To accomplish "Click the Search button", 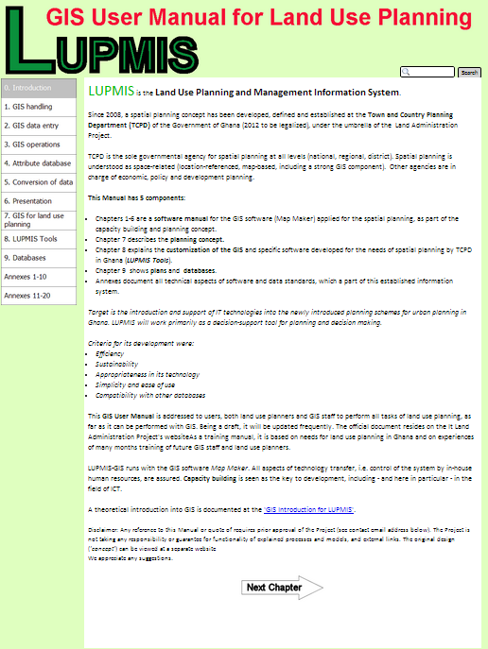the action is point(469,72).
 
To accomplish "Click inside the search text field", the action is point(427,72).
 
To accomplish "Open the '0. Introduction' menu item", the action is point(39,88).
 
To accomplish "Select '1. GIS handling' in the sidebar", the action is point(39,107).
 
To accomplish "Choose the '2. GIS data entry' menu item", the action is point(39,126).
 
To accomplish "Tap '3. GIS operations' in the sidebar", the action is point(39,145).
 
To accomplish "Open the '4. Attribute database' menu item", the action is point(39,163).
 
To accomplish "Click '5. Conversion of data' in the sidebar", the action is point(39,182).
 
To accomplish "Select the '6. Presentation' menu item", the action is point(39,201).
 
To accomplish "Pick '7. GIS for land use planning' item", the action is point(39,220).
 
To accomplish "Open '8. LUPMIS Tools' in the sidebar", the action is point(39,239).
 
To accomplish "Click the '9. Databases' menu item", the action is point(39,257).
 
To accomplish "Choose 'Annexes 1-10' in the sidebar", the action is point(39,276).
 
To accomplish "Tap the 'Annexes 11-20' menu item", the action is point(39,295).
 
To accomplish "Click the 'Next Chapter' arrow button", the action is point(283,587).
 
